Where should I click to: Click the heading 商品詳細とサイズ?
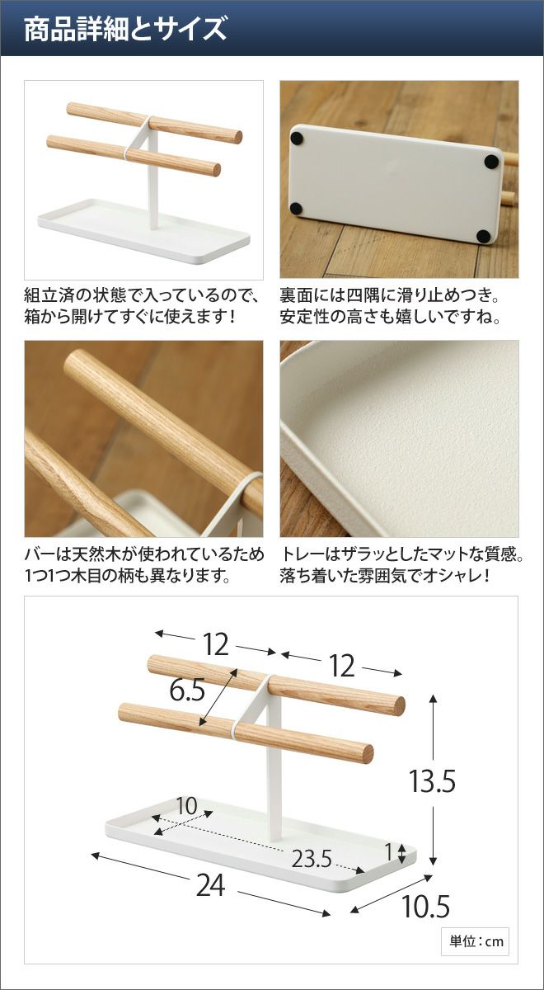(x=125, y=29)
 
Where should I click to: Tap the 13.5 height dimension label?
(x=432, y=781)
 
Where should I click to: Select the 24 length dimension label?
(x=210, y=885)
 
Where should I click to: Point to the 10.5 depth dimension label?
(x=425, y=907)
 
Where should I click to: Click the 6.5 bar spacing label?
(x=187, y=690)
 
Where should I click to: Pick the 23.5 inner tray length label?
(x=312, y=859)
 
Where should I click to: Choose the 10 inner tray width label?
(x=187, y=806)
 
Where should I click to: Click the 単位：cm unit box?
(x=475, y=941)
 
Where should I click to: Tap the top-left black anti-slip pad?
(x=298, y=139)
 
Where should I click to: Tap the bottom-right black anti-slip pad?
(x=484, y=236)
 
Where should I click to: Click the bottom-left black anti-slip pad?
(x=296, y=208)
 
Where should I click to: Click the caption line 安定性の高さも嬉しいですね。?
(x=391, y=317)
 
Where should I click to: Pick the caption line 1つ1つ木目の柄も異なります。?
(x=128, y=576)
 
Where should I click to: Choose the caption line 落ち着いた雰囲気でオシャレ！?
(x=385, y=576)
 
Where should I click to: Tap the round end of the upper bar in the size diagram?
(x=399, y=706)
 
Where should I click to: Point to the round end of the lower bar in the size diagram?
(x=368, y=753)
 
